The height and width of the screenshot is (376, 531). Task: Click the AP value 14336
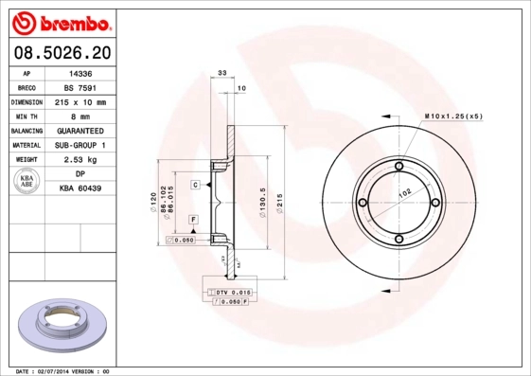click(81, 72)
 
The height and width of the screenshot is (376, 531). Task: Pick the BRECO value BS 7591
click(81, 86)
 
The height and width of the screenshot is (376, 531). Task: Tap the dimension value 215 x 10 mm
click(81, 101)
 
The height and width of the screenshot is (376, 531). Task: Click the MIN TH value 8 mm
click(81, 116)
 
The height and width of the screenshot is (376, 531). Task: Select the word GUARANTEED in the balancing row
click(81, 131)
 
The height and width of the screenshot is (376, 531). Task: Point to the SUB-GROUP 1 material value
click(81, 145)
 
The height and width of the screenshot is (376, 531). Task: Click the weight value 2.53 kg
click(81, 160)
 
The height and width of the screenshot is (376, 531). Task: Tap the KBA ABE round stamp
click(27, 183)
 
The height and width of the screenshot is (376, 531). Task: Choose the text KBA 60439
click(81, 189)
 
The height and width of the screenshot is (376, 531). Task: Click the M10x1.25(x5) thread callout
click(453, 116)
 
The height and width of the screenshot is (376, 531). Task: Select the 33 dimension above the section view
click(222, 73)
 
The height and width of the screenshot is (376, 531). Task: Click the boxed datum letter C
click(195, 184)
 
